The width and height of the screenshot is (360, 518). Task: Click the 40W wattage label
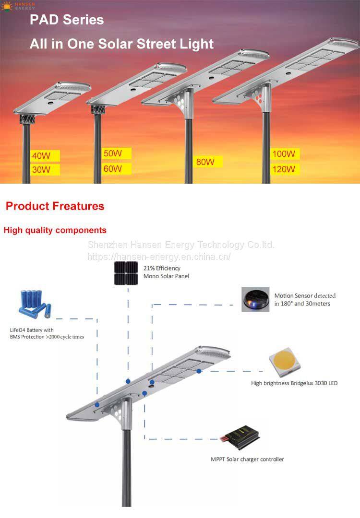point(42,156)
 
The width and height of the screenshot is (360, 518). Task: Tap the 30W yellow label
point(42,170)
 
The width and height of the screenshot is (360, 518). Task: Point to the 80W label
point(206,162)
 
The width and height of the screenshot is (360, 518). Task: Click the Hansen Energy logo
point(18,5)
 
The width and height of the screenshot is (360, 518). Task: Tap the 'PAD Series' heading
point(67,20)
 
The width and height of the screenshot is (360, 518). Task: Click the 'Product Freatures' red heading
point(55,206)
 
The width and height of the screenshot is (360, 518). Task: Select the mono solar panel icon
point(126,273)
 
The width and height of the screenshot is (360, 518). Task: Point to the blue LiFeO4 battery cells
point(35,304)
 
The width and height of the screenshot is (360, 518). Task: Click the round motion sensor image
point(256,299)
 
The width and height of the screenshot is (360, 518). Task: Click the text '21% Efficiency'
point(162,269)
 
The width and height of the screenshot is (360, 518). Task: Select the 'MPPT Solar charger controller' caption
point(247,459)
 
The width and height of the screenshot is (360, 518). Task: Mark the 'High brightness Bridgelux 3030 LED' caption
point(294,383)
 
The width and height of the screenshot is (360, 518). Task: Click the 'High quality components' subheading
point(55,230)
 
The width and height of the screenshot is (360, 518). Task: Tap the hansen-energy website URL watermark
point(159,257)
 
